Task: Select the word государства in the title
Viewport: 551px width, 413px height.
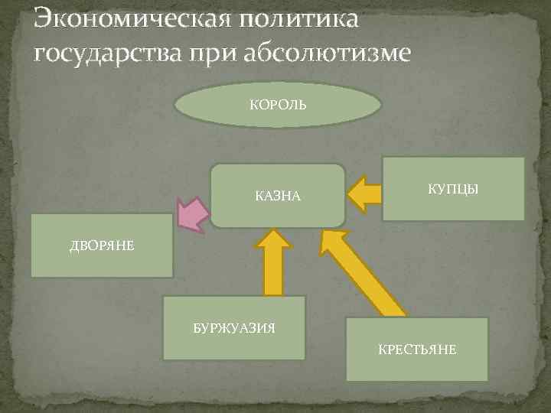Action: coord(107,54)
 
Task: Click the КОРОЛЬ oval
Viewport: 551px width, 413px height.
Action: coord(278,104)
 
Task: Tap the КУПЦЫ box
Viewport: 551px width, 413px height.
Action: coord(453,189)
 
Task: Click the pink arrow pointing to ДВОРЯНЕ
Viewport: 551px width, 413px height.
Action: coord(194,213)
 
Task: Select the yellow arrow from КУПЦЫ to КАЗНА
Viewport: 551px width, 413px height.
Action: coord(364,194)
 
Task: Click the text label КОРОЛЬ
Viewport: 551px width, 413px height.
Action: coord(278,104)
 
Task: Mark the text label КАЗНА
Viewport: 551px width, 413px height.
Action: coord(278,197)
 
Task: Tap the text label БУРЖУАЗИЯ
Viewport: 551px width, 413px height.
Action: coord(234,328)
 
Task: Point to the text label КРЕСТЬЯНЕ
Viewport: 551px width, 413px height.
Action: coord(417,350)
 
